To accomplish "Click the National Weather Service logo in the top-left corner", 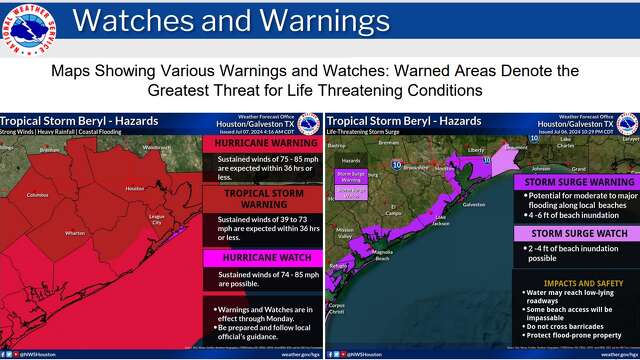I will tap(28, 28).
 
